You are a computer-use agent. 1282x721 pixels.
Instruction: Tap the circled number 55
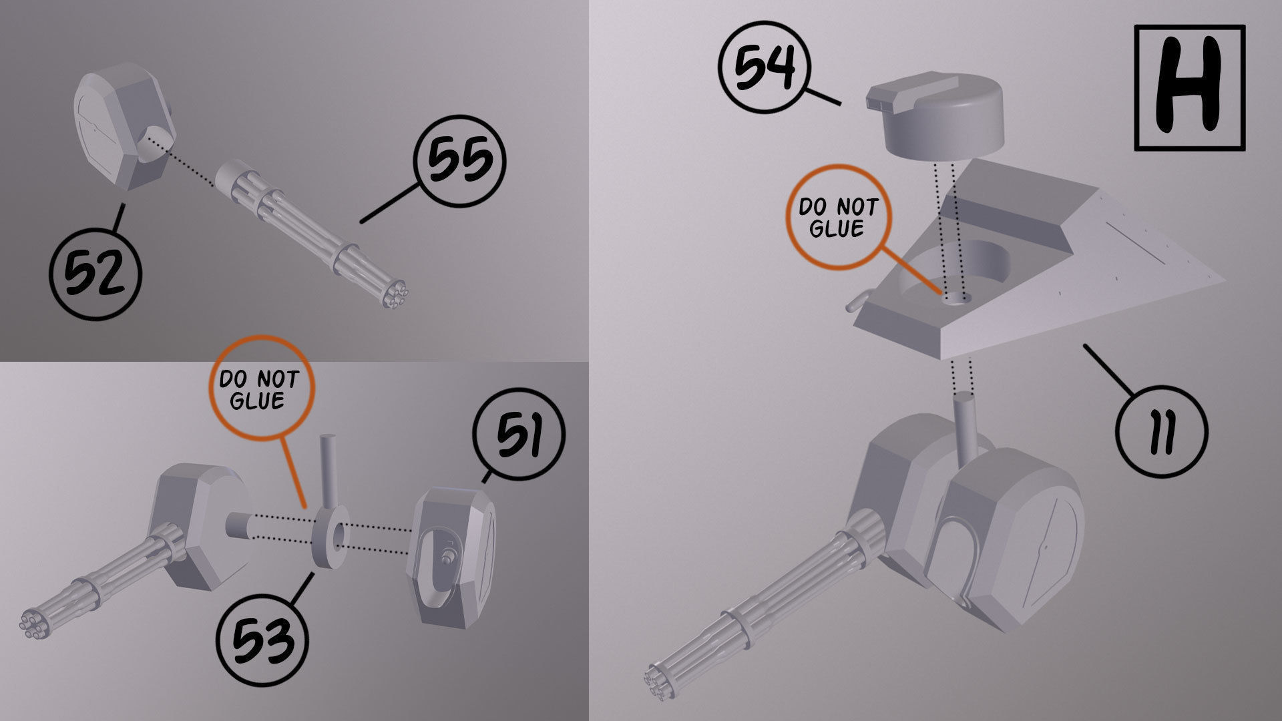(x=460, y=161)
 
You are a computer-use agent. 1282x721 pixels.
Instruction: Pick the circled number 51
(x=518, y=435)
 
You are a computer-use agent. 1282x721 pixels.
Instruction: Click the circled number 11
(x=1162, y=431)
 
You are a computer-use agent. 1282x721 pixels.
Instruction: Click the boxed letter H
(x=1189, y=87)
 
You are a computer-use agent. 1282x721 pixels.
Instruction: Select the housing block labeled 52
(x=124, y=130)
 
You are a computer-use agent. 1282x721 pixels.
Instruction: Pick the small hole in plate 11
(x=956, y=298)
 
